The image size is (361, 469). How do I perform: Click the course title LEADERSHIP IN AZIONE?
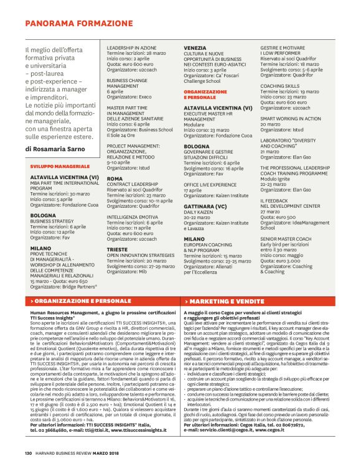131,47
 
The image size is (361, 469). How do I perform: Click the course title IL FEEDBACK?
275,202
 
